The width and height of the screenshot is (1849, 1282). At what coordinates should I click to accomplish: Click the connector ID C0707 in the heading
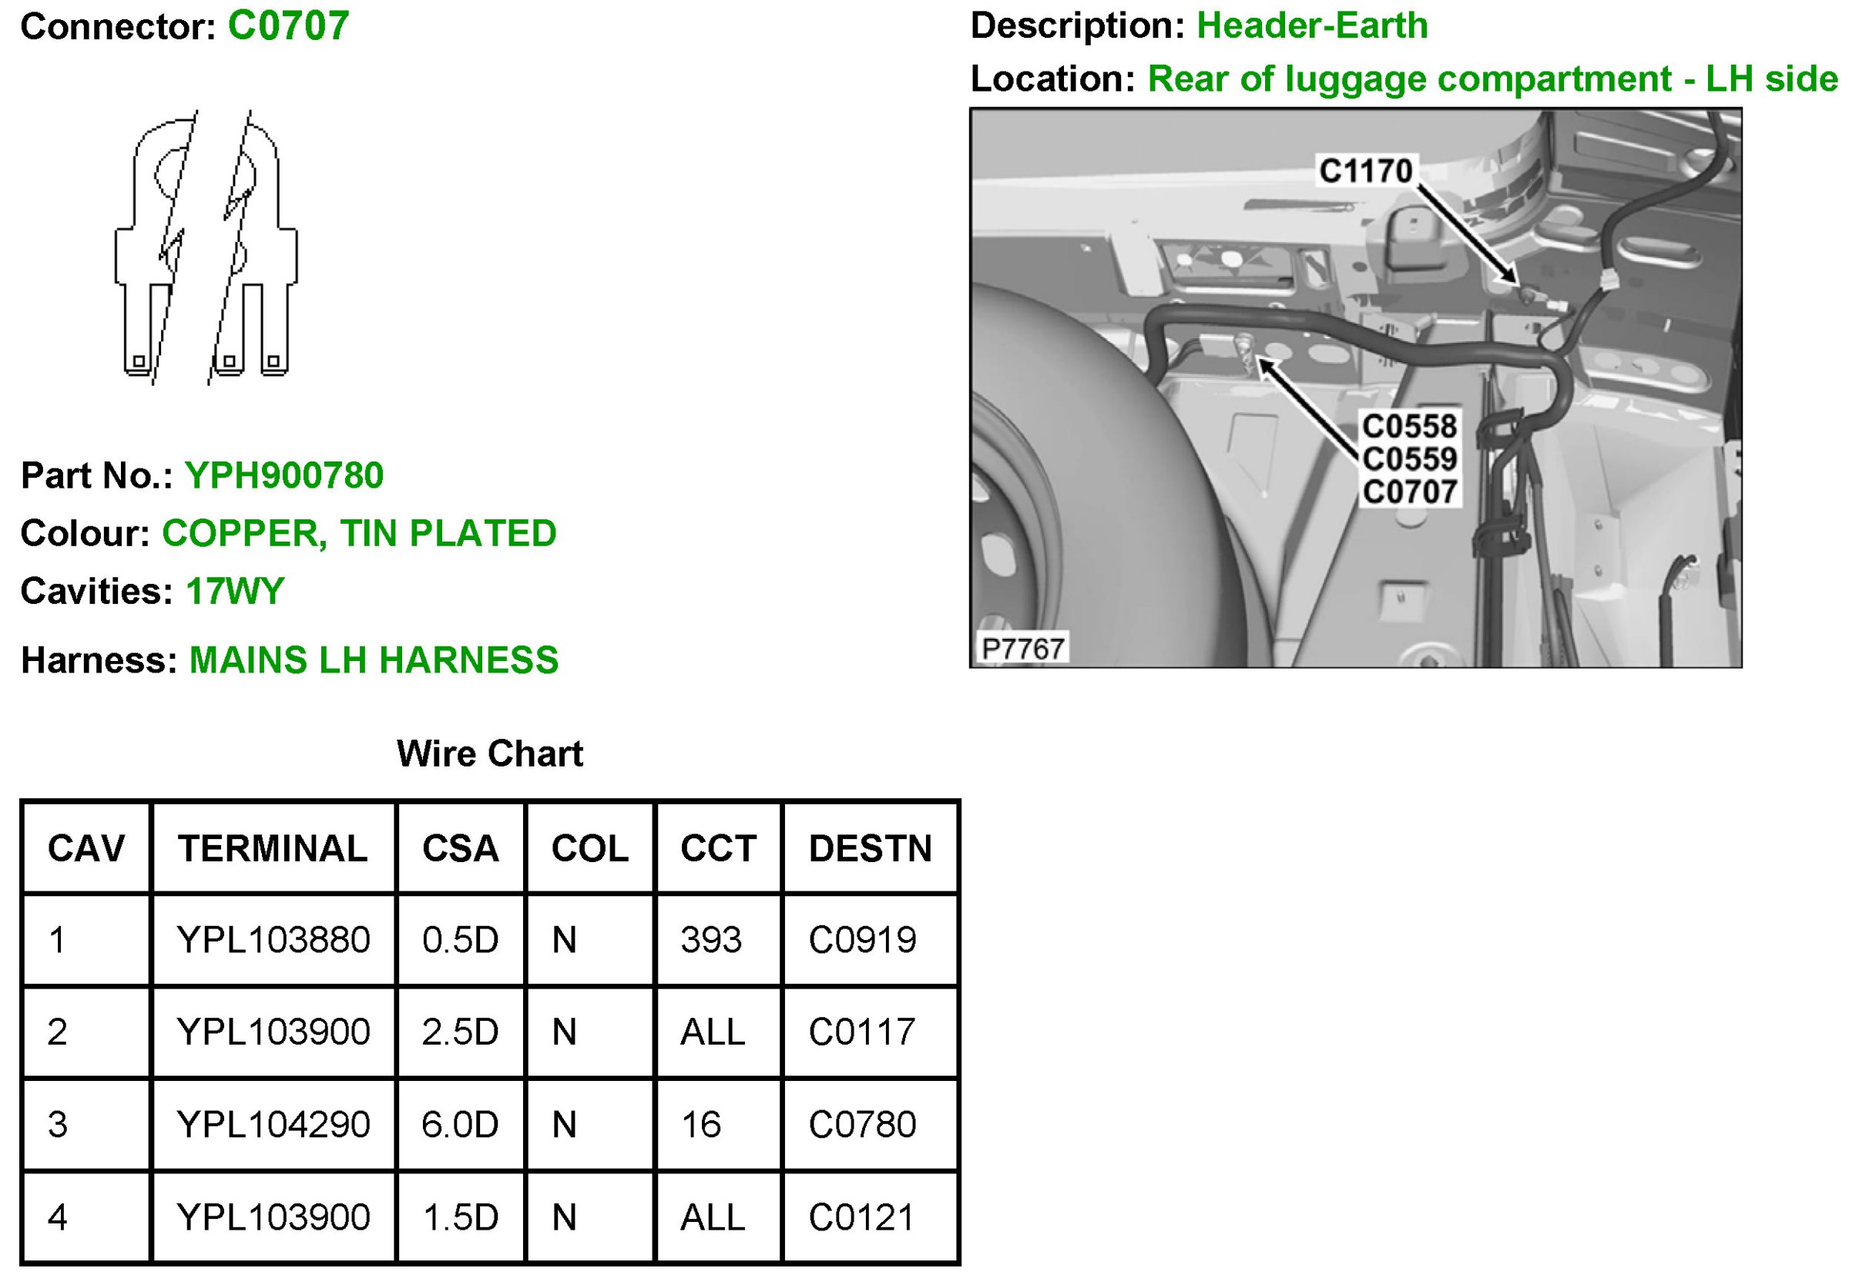coord(288,25)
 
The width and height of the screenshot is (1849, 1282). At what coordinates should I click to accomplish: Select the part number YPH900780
coord(284,475)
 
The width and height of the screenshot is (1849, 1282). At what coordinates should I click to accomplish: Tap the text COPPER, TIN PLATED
coord(359,533)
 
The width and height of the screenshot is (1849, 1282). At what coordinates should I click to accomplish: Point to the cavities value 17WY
coord(235,591)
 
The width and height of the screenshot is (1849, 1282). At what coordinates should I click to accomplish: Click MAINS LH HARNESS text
coord(374,660)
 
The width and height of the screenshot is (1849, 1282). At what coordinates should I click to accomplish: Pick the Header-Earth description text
coord(1313,25)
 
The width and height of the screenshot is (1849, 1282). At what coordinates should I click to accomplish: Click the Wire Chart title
coord(490,753)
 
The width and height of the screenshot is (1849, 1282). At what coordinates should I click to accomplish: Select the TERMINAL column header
coord(273,848)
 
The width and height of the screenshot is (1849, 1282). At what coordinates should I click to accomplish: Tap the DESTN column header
coord(871,848)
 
